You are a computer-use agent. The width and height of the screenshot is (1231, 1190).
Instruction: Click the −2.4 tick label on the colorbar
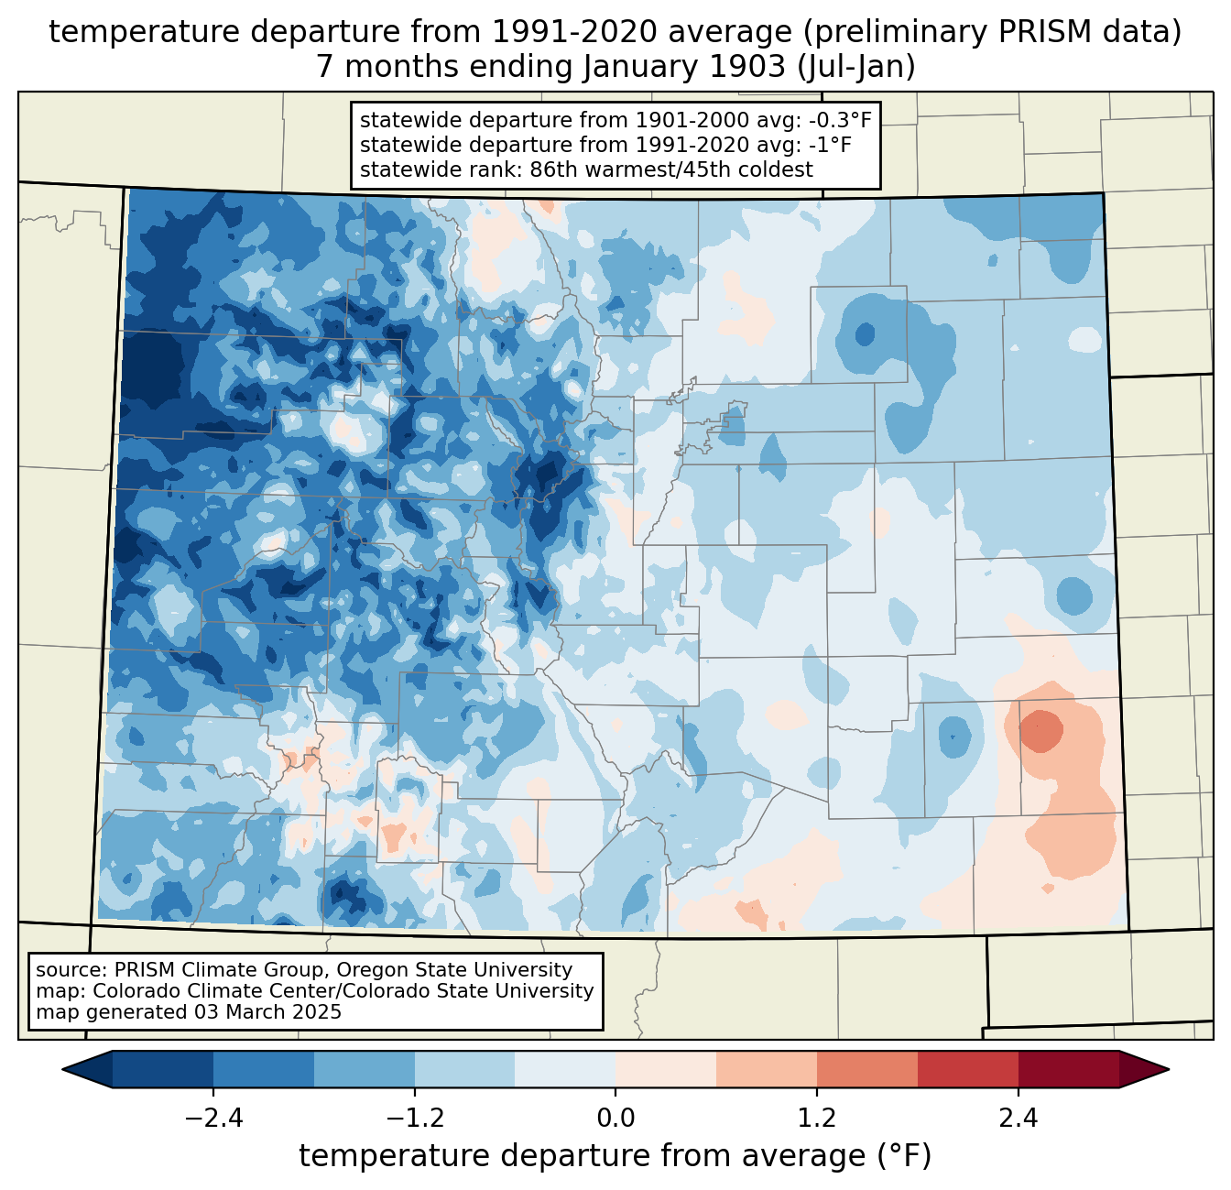point(213,1118)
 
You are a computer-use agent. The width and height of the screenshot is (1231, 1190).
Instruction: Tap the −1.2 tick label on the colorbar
point(414,1118)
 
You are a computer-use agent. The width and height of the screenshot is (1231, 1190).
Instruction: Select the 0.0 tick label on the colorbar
point(615,1118)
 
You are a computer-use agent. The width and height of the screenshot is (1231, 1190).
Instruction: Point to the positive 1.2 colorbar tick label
point(817,1118)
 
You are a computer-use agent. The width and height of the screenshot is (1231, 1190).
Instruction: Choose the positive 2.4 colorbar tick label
point(1018,1118)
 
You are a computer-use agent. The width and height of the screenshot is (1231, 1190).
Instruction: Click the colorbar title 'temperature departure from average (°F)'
point(615,1156)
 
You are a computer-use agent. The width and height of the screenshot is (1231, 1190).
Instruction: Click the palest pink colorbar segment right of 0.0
point(666,1069)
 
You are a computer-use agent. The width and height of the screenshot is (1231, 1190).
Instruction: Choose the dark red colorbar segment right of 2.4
point(1068,1069)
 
